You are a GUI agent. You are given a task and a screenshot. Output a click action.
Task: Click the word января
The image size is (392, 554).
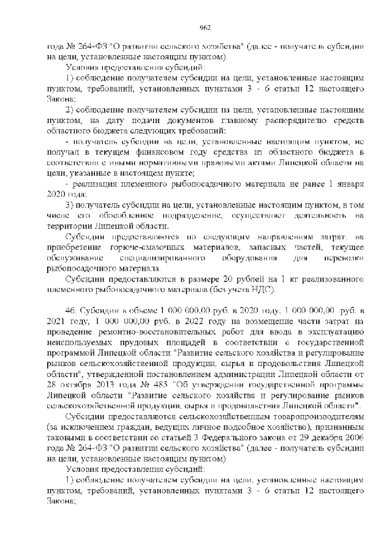[x=351, y=184]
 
